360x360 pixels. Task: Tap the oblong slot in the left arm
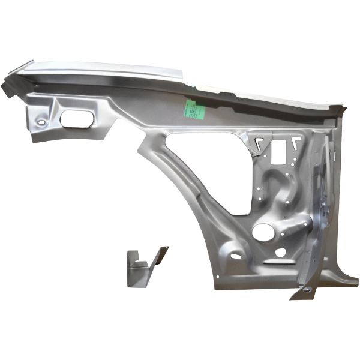(x=76, y=118)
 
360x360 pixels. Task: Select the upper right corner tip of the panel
(x=343, y=108)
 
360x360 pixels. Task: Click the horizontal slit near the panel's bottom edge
(x=275, y=262)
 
